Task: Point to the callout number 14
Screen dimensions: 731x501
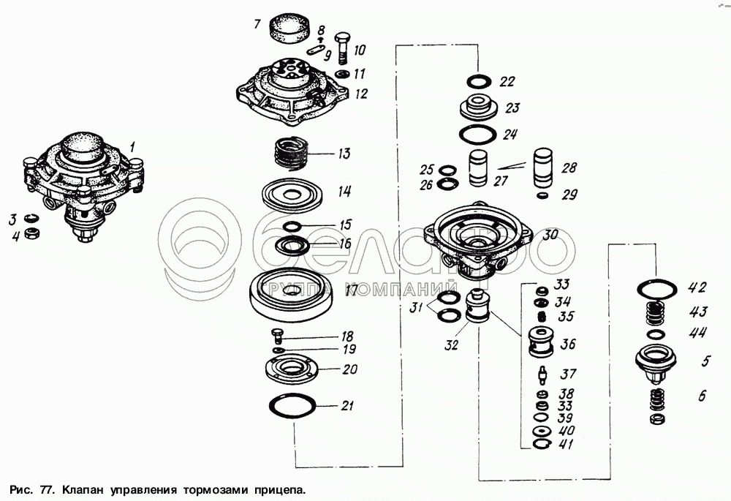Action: (x=344, y=192)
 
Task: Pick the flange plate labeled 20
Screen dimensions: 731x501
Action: (x=290, y=368)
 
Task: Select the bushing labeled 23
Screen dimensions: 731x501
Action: (x=479, y=108)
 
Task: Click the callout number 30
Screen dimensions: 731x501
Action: (x=550, y=236)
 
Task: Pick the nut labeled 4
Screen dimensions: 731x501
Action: (x=31, y=234)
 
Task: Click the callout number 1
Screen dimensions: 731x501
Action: (x=133, y=147)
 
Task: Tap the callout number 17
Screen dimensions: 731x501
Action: (x=352, y=290)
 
